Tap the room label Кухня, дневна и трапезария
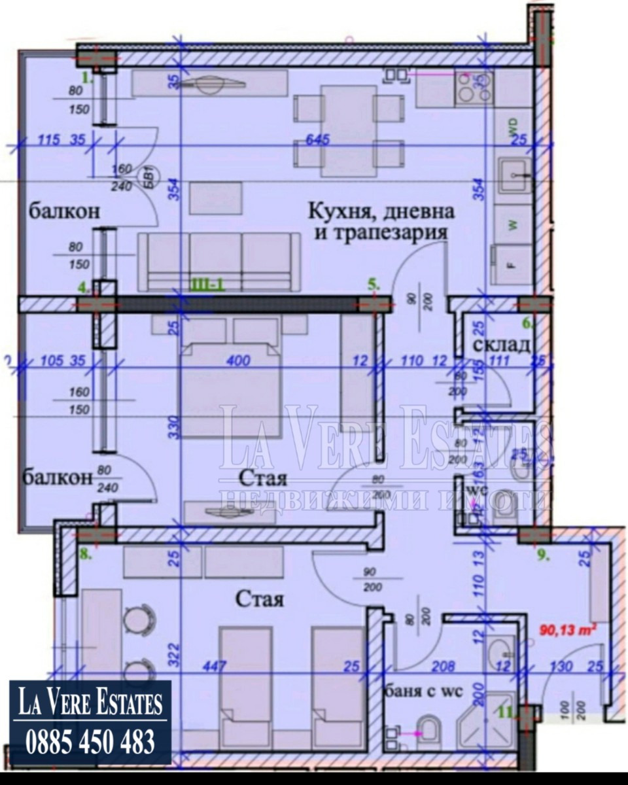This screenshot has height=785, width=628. point(381,222)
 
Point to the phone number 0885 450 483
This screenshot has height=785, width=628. point(90,742)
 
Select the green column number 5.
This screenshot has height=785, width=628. point(373,285)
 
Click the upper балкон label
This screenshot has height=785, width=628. point(63,212)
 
